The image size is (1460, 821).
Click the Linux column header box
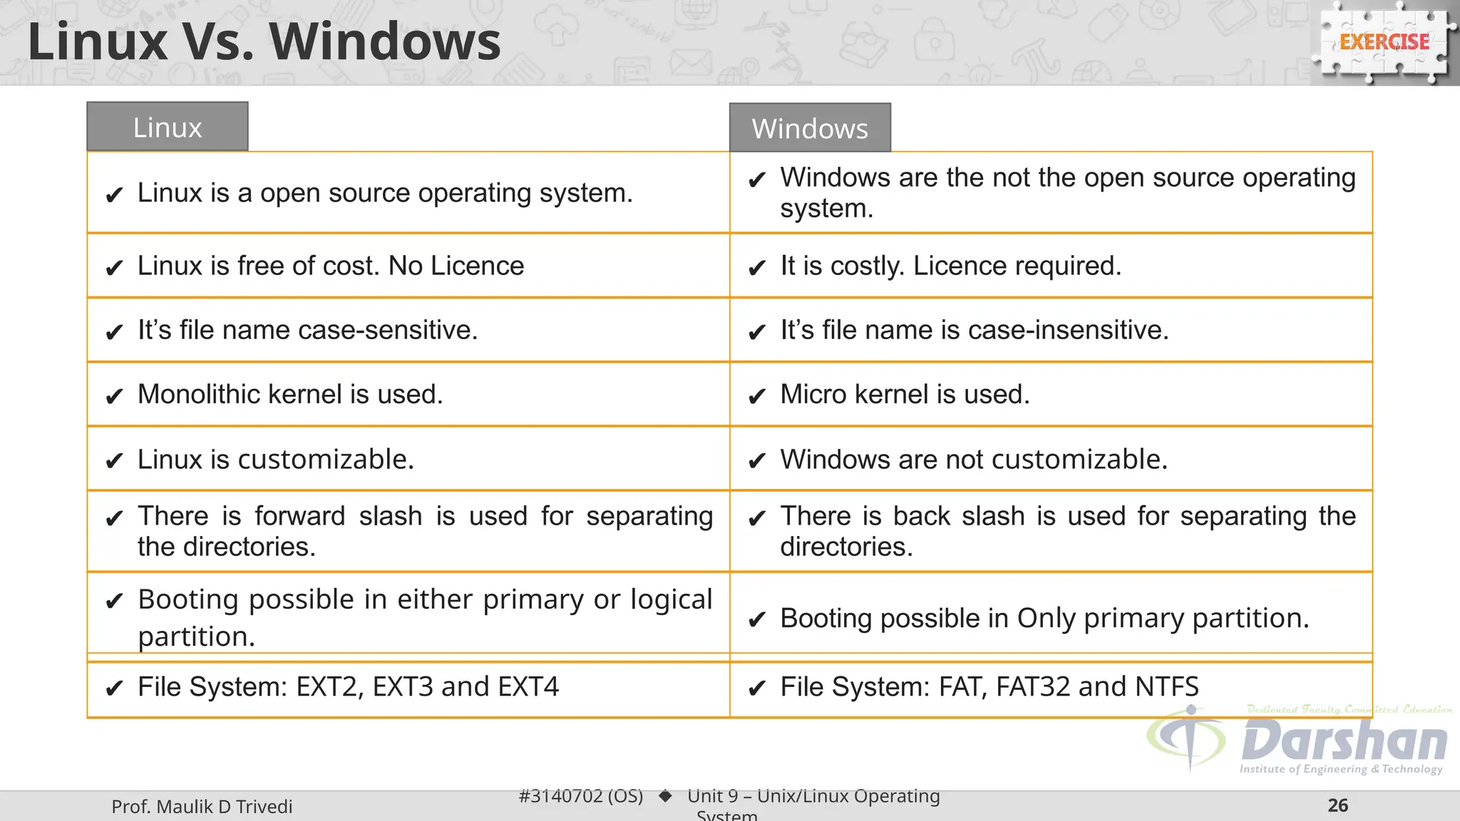click(168, 127)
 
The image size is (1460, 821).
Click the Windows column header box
click(810, 128)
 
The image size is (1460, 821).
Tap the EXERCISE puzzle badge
click(1384, 43)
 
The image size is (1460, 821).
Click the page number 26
click(1337, 805)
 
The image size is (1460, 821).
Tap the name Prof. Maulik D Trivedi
click(202, 806)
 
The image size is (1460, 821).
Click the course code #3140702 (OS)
click(580, 795)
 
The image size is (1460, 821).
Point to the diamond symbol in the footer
click(665, 795)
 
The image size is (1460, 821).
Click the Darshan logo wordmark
click(1343, 741)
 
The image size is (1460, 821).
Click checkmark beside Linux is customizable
click(114, 461)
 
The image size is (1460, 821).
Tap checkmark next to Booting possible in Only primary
click(756, 619)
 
